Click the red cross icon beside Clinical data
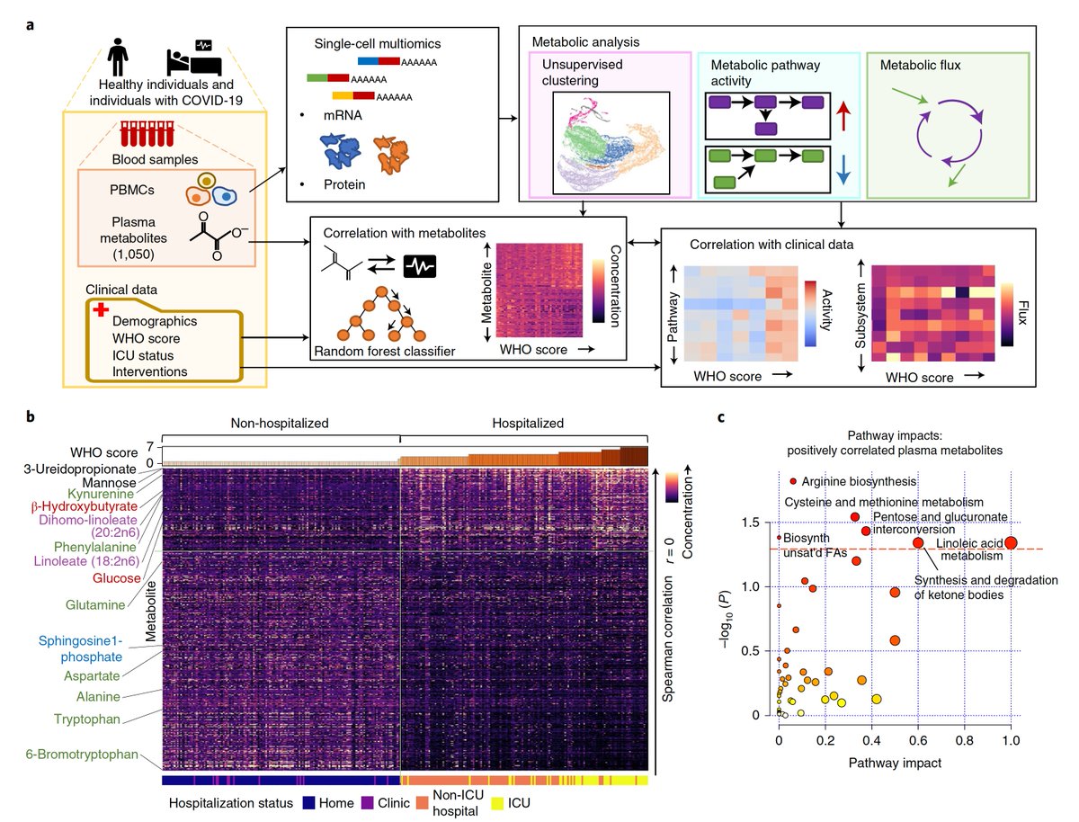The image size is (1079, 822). pos(101,309)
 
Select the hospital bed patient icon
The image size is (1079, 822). pos(194,58)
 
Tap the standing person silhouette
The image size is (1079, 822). pos(118,57)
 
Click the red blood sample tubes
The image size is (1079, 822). pos(147,134)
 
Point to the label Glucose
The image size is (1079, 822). pos(117,577)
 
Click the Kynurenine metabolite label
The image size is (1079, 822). pos(101,494)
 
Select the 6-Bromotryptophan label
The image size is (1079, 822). pos(82,754)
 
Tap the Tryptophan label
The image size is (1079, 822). pos(87,719)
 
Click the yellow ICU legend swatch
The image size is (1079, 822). pos(497,803)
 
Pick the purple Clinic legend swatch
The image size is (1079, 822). pos(367,803)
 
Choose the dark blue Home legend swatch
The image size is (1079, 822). pos(308,803)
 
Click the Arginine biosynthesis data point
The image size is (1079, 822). pos(793,481)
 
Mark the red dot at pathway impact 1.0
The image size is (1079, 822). pos(1011,542)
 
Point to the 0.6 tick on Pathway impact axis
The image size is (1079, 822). pos(918,740)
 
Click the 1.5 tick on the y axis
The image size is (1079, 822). pos(750,522)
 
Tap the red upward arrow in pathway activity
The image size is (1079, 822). pos(843,116)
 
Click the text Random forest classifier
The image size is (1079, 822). pos(385,351)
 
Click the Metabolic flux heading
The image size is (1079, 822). pos(920,65)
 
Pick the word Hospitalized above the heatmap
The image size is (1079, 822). pos(528,423)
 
